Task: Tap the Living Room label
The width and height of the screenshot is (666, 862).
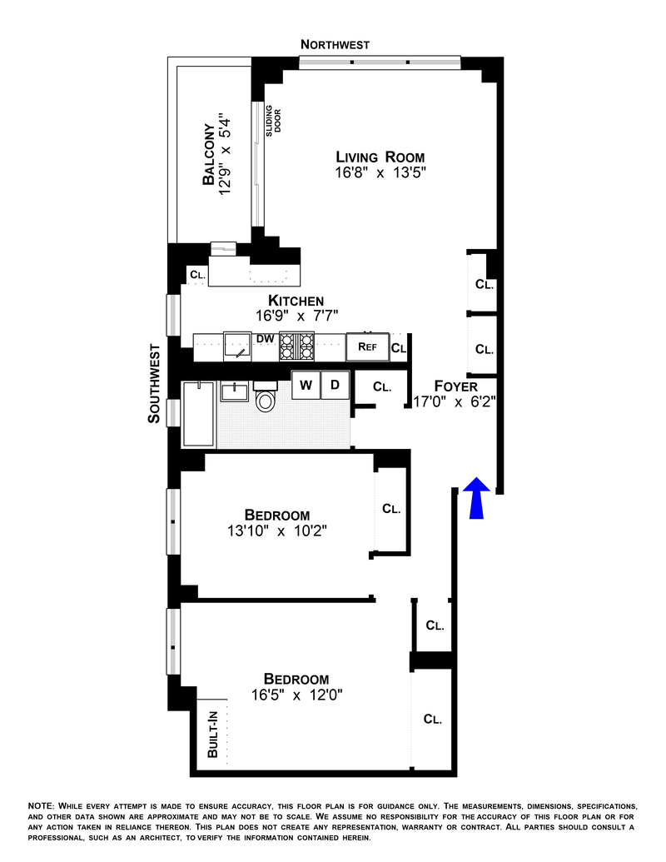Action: (x=380, y=157)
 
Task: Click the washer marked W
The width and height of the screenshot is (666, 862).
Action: (x=306, y=385)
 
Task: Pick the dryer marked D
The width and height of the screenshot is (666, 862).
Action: (x=335, y=385)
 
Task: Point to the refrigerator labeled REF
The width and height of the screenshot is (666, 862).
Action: (x=368, y=347)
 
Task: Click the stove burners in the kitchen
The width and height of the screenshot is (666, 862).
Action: (x=296, y=346)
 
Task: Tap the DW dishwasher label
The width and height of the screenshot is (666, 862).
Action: (x=266, y=339)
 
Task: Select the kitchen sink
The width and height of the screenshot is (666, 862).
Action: (x=237, y=346)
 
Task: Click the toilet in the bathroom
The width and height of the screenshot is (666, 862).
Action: (x=266, y=399)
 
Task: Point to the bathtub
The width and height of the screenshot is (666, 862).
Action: (x=198, y=415)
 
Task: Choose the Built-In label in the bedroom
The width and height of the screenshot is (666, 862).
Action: (x=212, y=734)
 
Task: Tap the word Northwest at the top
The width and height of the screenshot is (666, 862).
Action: (x=335, y=44)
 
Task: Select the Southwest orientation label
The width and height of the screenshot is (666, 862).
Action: (x=154, y=383)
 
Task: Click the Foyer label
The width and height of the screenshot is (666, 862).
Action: (x=455, y=386)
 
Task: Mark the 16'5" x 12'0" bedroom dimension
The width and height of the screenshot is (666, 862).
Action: (x=296, y=695)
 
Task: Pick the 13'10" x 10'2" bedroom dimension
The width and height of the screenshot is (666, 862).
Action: (x=277, y=531)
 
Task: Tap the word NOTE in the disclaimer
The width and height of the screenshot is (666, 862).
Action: (x=41, y=806)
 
